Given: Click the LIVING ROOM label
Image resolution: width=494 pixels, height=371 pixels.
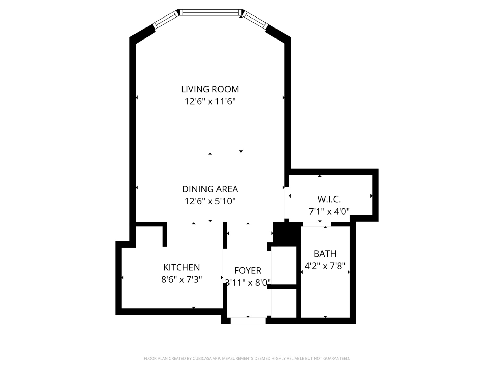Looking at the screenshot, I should (x=210, y=89).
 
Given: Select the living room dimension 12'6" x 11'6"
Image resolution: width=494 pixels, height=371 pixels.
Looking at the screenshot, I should (x=210, y=102).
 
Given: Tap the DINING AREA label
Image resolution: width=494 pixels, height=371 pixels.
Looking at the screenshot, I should (x=210, y=189).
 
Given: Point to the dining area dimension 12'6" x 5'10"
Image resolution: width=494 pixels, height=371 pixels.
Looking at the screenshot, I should (x=210, y=201).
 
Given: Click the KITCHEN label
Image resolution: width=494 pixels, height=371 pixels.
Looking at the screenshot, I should (x=181, y=267).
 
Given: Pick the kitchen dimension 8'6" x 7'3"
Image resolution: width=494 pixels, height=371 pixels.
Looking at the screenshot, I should (x=181, y=280).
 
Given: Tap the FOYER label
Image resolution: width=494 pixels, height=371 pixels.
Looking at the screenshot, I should (x=248, y=271).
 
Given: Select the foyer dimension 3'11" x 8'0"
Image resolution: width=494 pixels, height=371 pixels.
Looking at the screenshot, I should (x=248, y=283).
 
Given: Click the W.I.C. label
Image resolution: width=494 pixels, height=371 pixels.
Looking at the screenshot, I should (x=329, y=199).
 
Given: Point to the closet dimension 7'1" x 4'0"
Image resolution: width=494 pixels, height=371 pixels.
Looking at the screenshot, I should (x=329, y=212).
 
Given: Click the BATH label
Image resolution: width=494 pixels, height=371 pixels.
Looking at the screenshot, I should (x=325, y=254).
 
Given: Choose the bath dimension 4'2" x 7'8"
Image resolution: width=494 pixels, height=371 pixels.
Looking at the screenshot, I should (x=325, y=266).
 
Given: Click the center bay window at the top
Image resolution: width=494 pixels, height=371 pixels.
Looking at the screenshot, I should (x=210, y=12).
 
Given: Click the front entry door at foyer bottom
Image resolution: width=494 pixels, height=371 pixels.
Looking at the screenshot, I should (x=248, y=321).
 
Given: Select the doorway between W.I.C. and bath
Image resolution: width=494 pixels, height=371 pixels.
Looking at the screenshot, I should (x=316, y=224).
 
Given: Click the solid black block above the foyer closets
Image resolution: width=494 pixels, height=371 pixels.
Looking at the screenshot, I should (x=287, y=234).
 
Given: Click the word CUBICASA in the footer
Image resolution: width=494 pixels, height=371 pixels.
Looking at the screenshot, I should (x=199, y=359).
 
